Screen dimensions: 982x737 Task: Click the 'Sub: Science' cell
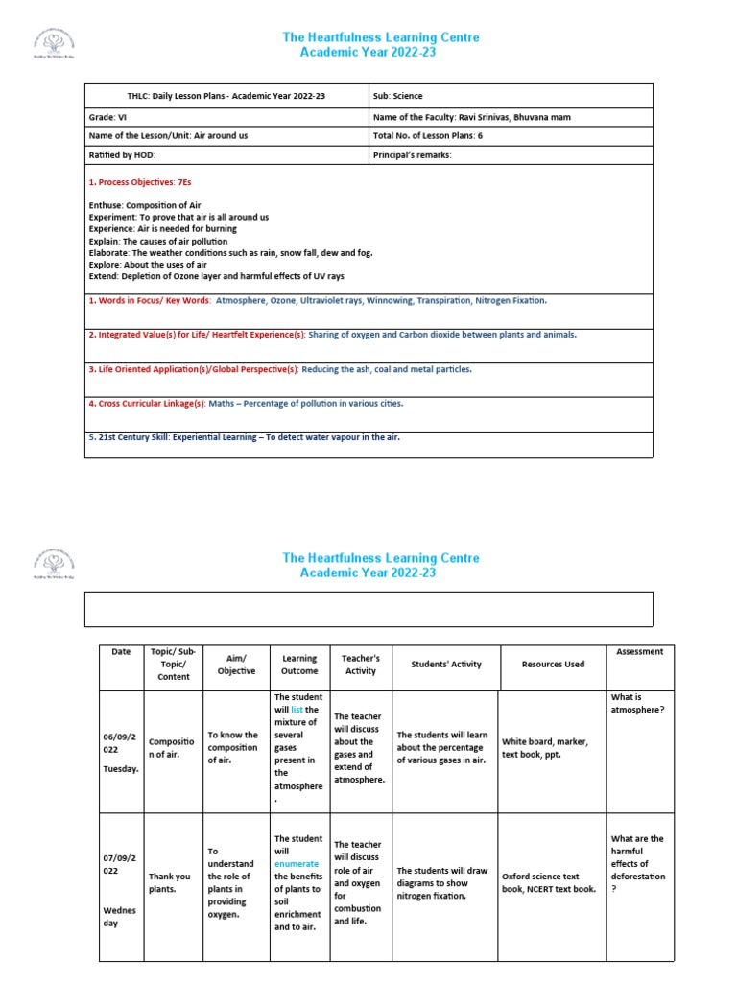(397, 97)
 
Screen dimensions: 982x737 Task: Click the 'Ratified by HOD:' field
(122, 154)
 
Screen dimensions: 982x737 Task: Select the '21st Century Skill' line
(244, 437)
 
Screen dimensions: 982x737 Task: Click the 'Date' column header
(121, 652)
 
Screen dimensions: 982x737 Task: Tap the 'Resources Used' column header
(553, 665)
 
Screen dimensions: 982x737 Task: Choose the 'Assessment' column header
(640, 652)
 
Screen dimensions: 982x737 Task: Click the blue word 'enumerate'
(296, 864)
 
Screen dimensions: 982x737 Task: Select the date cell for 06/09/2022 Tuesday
(121, 748)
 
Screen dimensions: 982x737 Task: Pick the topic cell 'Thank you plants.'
(170, 882)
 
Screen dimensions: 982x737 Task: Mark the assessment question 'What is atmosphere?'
(637, 703)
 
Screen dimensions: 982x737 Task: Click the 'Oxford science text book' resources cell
(553, 882)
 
